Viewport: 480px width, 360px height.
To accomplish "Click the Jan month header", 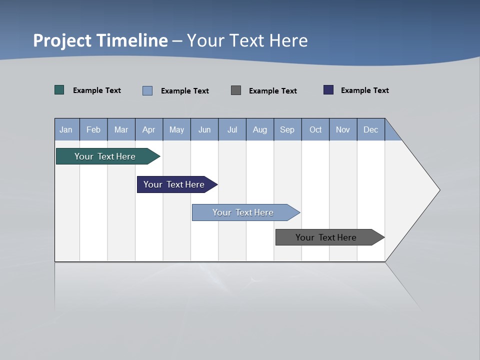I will pos(66,129).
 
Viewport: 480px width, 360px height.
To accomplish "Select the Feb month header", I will pos(93,129).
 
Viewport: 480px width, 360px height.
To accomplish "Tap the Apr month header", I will pos(149,129).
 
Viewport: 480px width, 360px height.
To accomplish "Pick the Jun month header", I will pos(204,129).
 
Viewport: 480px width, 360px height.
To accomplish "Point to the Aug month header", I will pos(260,129).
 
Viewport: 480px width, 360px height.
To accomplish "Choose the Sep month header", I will pos(287,129).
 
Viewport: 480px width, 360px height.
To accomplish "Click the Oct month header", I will pos(315,129).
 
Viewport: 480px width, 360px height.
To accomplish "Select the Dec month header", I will pos(371,129).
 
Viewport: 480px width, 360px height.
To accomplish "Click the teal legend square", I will pos(59,90).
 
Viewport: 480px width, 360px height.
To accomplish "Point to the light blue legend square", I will pos(147,90).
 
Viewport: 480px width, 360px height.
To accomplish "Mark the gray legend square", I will pos(236,90).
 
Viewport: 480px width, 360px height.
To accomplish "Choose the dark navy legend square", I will pos(328,90).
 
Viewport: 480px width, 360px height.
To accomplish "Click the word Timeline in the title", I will pos(131,40).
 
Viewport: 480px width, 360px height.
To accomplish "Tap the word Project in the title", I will pos(62,40).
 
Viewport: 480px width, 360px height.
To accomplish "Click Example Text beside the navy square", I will pos(364,90).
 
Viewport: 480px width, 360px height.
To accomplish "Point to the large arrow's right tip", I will pos(438,190).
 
